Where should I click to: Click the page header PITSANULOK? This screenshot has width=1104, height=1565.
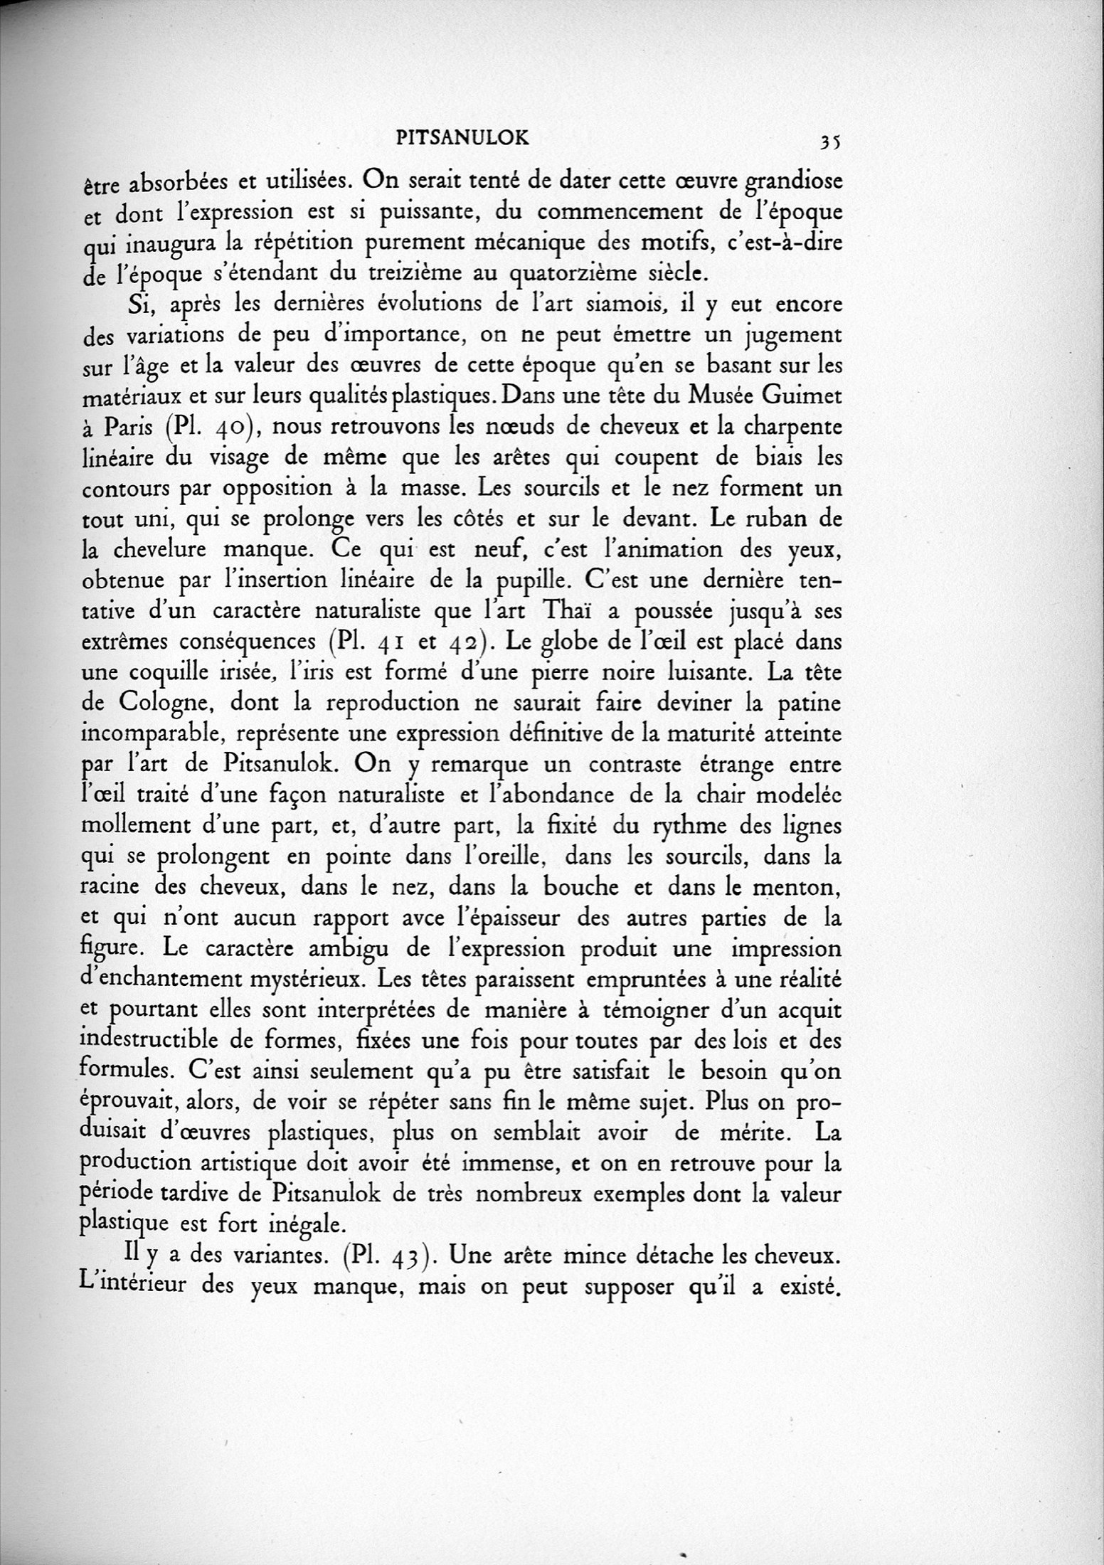462,139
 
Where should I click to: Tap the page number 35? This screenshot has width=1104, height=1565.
830,140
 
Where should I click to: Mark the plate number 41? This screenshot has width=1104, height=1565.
389,642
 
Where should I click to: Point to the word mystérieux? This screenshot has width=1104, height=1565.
304,981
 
